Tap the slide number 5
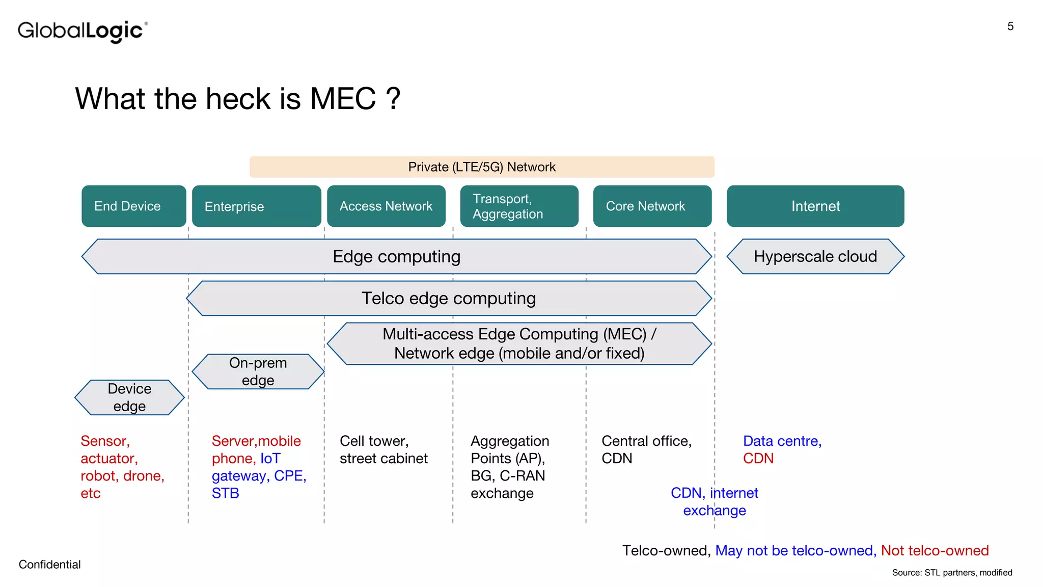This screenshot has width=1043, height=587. click(x=1010, y=26)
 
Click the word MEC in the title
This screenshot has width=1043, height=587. click(x=342, y=98)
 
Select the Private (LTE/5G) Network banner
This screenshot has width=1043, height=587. click(x=482, y=167)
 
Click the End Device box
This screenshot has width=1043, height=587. click(x=133, y=206)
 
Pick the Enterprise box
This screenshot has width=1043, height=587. click(x=256, y=206)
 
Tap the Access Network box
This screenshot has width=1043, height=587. click(x=386, y=206)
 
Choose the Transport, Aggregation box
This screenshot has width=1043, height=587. click(x=519, y=206)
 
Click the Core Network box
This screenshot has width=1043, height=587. click(x=652, y=206)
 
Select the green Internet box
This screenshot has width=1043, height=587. click(x=815, y=206)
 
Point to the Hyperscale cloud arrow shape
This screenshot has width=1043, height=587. click(x=815, y=256)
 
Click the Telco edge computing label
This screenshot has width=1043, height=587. click(x=448, y=298)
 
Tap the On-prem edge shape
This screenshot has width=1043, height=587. click(x=258, y=371)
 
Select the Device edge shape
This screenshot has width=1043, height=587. click(x=129, y=397)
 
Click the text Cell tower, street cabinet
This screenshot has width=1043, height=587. click(x=383, y=449)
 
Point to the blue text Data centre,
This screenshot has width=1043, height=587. click(x=782, y=441)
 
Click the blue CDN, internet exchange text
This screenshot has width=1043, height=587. click(x=714, y=501)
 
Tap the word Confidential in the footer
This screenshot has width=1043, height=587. click(x=49, y=565)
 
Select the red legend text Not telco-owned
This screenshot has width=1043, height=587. click(x=935, y=550)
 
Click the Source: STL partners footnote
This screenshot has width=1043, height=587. click(x=951, y=573)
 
